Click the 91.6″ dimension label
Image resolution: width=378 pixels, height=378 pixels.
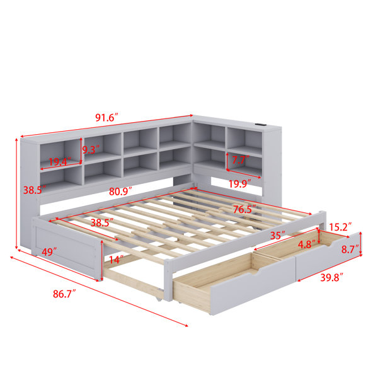107,117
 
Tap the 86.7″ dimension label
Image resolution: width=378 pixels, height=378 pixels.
64,294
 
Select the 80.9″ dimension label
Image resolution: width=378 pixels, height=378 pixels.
120,192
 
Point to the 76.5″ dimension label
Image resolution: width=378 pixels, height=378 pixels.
244,209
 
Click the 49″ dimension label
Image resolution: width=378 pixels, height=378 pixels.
49,252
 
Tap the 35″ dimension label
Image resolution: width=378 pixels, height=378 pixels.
278,236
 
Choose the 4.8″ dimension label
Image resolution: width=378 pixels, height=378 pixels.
307,244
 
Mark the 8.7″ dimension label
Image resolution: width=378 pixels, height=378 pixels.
350,249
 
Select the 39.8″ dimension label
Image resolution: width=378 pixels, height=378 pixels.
331,278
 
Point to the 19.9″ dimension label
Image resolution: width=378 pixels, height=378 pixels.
239,184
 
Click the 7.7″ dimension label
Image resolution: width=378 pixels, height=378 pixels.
241,160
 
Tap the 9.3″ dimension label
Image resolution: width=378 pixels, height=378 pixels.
91,150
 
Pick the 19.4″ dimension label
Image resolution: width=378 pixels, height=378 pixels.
60,161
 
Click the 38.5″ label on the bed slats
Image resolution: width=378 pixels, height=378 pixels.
102,222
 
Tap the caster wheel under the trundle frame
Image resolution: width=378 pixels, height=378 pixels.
159,299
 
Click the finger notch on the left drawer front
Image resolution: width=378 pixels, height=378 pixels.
254,273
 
